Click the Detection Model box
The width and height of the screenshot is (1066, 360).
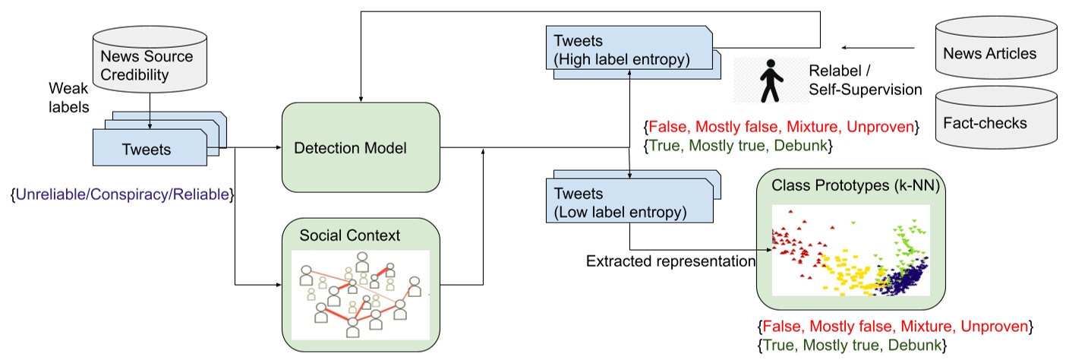tap(360, 147)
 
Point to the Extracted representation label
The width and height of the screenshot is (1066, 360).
tap(670, 261)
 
